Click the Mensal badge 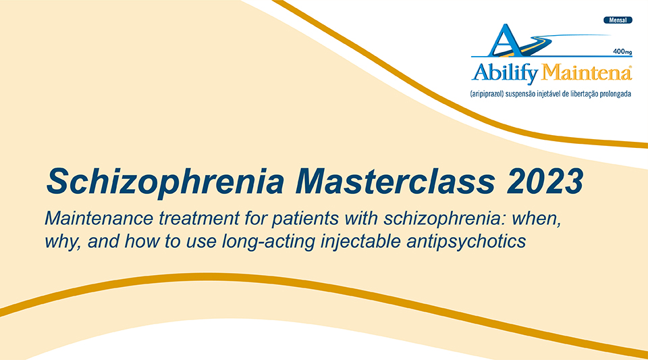pyautogui.click(x=618, y=20)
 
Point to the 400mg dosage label pyautogui.click(x=622, y=51)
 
